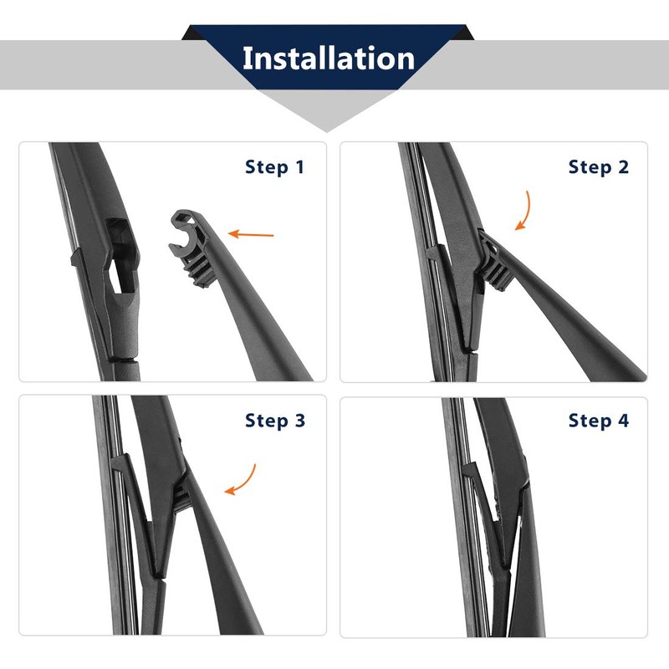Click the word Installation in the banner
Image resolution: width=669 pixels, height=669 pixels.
pos(328,59)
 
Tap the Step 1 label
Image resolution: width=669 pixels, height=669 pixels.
pos(274,167)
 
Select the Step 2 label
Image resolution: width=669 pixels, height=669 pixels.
pos(598,167)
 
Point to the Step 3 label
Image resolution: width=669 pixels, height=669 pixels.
pos(275,421)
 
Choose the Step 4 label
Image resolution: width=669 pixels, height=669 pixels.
pos(598,421)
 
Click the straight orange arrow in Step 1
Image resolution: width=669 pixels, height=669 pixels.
pos(251,234)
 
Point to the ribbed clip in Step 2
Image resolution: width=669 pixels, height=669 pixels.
pos(496,263)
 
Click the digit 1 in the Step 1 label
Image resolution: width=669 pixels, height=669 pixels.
pos(300,166)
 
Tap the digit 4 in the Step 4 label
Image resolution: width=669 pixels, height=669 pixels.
pos(623,421)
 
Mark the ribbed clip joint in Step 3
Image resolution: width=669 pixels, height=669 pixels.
pos(182,495)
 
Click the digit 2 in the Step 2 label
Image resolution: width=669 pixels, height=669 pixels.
pos(623,166)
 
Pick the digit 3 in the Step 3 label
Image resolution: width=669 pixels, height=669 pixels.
pos(300,421)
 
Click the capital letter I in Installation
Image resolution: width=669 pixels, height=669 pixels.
pos(246,58)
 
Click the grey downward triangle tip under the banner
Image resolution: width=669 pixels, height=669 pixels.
pos(327,131)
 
